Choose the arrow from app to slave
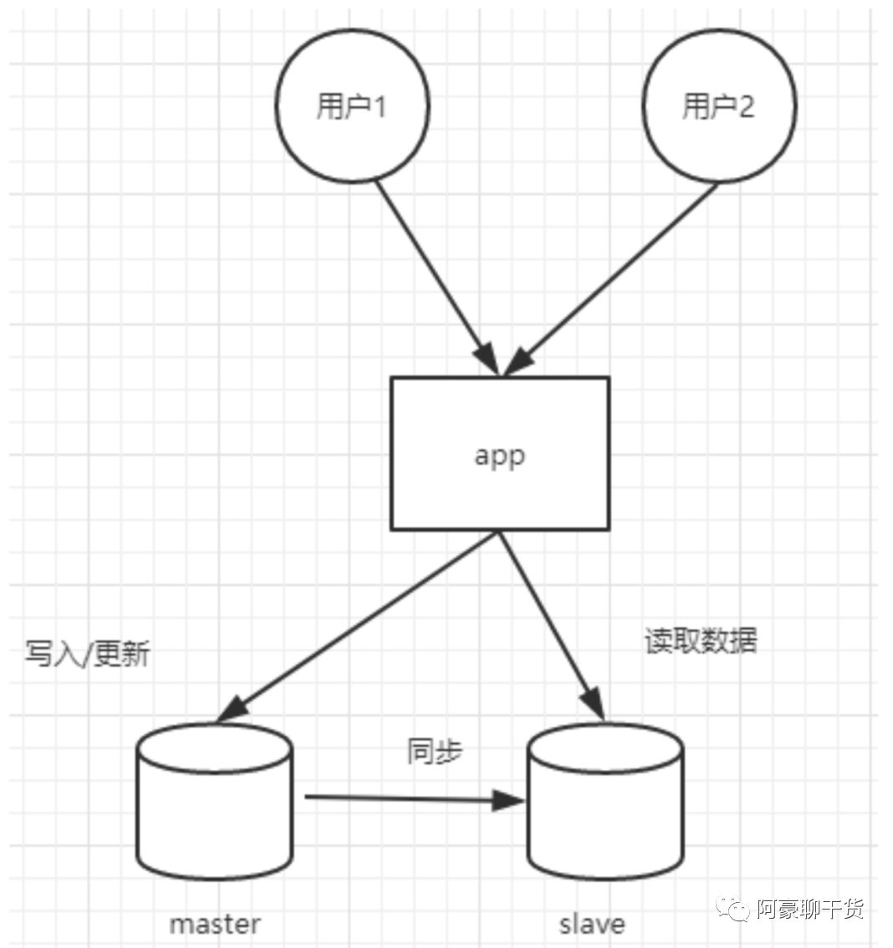(552, 623)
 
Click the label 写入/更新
(87, 654)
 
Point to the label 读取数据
(701, 640)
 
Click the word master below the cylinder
(215, 924)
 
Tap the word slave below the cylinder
(592, 924)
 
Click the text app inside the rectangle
(499, 456)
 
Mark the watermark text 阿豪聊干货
(809, 909)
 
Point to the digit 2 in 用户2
(745, 107)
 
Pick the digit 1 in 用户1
(379, 107)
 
